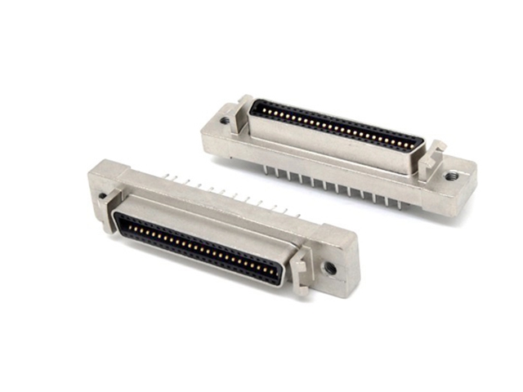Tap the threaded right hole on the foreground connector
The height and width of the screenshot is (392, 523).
coord(329,267)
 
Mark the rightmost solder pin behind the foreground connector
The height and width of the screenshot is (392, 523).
coord(297,216)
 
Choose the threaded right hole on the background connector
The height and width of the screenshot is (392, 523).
coord(449,174)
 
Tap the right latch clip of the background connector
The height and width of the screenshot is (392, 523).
coord(431,157)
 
